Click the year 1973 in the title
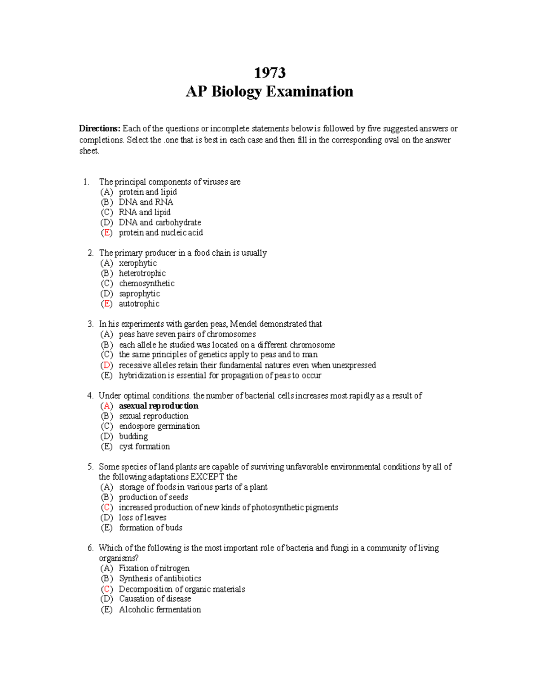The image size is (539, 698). [x=269, y=72]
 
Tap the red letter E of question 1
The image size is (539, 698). [x=106, y=233]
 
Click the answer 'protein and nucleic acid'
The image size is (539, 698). [x=160, y=233]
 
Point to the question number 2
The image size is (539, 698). [x=90, y=253]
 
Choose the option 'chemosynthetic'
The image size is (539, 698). [x=146, y=284]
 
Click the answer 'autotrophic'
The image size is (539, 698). [x=139, y=304]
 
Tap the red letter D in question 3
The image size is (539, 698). [x=106, y=365]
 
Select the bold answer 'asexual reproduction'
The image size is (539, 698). [x=158, y=406]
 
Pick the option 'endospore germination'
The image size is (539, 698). [x=159, y=426]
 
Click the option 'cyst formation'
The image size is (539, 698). [x=144, y=447]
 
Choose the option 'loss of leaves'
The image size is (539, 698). [x=142, y=518]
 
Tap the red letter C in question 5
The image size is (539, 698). [x=106, y=507]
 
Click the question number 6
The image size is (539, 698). [x=90, y=548]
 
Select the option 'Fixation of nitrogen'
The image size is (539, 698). [x=154, y=569]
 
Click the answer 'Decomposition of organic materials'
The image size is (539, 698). [x=181, y=589]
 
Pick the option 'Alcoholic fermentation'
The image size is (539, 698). [x=159, y=610]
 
